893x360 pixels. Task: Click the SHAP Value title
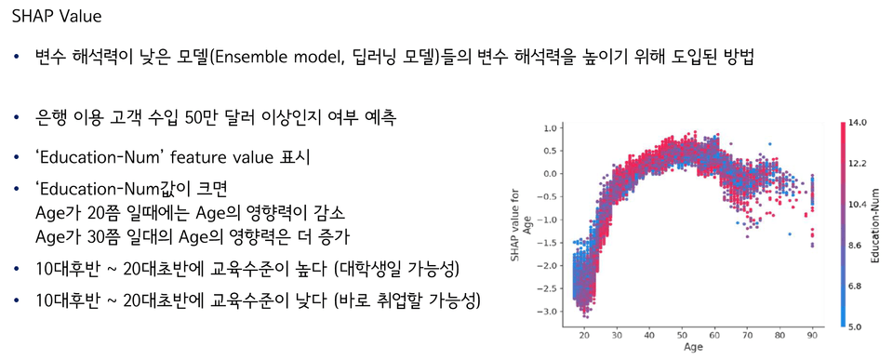pos(57,17)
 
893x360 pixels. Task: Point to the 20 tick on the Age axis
pos(584,336)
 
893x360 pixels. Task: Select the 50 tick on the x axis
pos(682,336)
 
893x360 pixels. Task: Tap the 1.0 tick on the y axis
pos(549,128)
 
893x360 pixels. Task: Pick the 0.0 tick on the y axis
pos(549,174)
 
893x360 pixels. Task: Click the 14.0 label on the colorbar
pos(858,123)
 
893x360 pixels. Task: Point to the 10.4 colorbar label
pos(858,205)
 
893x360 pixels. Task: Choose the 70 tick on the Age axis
pos(747,336)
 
